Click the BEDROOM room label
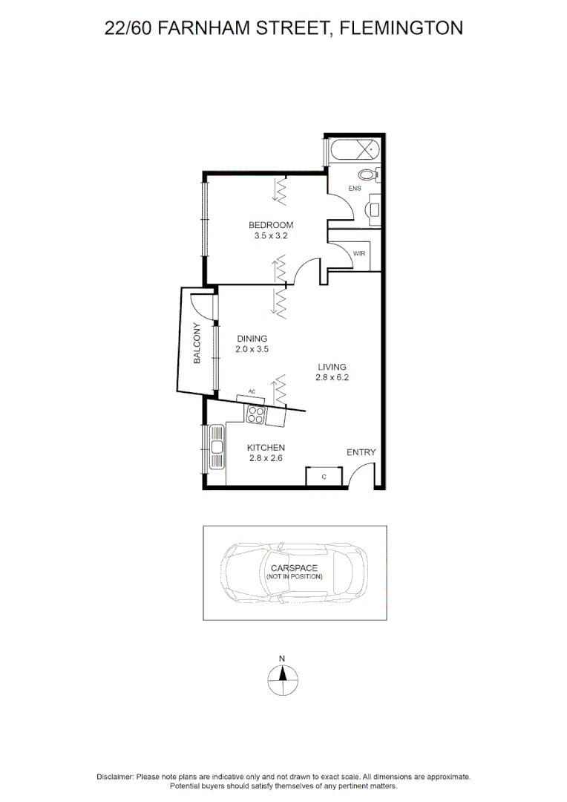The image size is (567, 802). [271, 225]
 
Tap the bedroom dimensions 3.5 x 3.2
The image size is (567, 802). [271, 235]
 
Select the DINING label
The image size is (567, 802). [252, 339]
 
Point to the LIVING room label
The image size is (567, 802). [332, 366]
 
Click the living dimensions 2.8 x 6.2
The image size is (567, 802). [332, 376]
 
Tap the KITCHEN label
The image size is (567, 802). [266, 448]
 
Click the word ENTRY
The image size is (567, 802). [361, 452]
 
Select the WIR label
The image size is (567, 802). [359, 253]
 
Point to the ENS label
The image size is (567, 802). [355, 188]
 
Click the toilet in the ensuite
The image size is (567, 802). [367, 175]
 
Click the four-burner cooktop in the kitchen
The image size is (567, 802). [256, 414]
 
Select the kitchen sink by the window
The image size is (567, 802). [217, 447]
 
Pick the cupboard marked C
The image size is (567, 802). [325, 476]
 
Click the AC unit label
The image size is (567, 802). [252, 391]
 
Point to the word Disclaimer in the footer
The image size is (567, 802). [115, 776]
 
